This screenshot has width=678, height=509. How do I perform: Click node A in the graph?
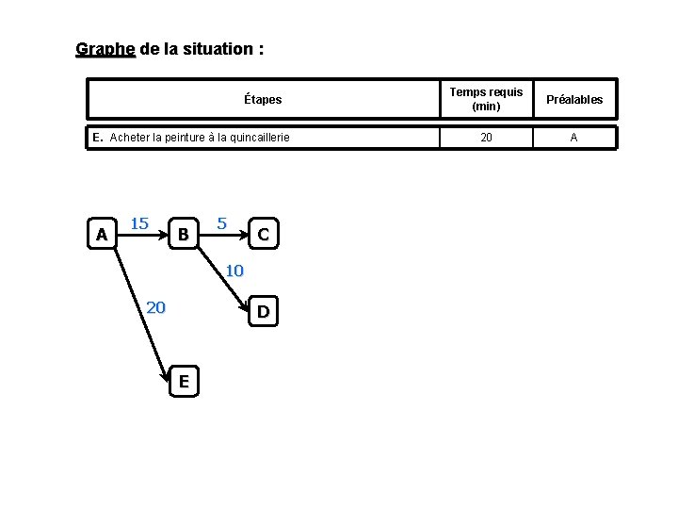[101, 233]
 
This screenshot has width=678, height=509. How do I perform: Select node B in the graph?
[184, 233]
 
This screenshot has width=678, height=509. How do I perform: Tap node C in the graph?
[264, 233]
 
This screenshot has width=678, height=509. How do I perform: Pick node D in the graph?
[264, 311]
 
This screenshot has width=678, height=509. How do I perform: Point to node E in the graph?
[184, 381]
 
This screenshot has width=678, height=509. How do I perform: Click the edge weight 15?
[139, 223]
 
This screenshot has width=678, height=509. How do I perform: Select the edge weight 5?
[222, 223]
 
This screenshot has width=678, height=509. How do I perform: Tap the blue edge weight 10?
[234, 271]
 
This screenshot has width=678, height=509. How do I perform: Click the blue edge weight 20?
[156, 306]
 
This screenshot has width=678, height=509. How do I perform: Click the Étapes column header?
[263, 99]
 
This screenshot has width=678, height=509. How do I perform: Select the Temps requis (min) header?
[486, 99]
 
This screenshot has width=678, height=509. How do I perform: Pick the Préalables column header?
[573, 99]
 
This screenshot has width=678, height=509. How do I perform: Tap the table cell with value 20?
[486, 138]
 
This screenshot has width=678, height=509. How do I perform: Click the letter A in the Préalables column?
[573, 138]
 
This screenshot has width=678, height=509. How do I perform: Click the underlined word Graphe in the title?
[105, 48]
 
